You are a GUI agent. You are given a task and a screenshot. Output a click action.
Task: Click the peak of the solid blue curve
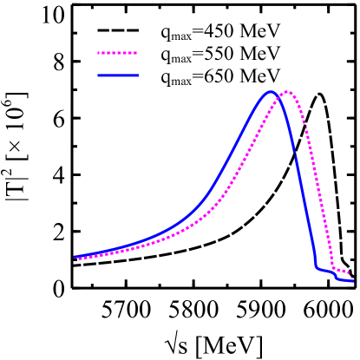pos(272,91)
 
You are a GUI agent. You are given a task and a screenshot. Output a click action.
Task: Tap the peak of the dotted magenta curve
pos(287,91)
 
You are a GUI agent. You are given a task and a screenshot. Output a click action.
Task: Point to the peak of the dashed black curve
pos(320,94)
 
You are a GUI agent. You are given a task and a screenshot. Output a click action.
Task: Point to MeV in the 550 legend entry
pos(260,56)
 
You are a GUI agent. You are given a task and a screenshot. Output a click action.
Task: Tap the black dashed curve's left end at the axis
pos(74,265)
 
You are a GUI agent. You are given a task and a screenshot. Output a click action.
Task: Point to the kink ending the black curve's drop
pos(342,259)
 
